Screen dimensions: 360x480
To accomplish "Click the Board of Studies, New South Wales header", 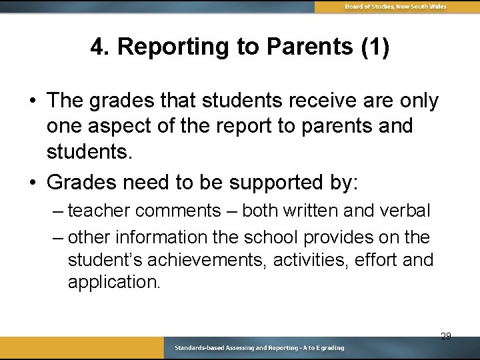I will click(x=395, y=7).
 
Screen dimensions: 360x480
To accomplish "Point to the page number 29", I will click(x=445, y=336).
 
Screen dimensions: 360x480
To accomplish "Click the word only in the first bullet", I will click(x=417, y=101).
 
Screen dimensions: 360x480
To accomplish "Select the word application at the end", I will click(x=114, y=282).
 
